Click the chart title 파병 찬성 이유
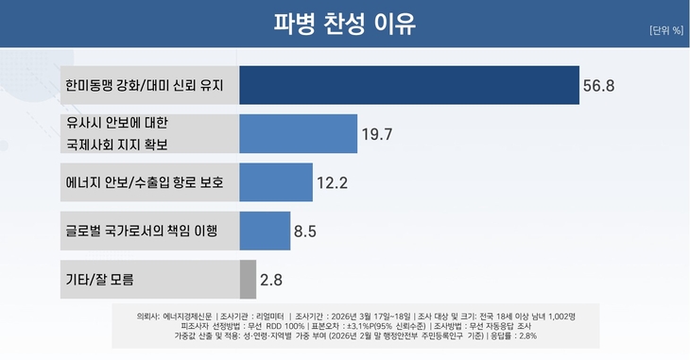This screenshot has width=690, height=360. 344,23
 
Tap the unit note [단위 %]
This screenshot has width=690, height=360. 665,30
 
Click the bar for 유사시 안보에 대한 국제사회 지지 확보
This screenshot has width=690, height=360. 298,133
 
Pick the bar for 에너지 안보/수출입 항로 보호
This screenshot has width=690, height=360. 275,182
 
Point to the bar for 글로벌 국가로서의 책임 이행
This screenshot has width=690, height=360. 265,231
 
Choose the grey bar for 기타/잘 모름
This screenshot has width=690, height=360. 248,279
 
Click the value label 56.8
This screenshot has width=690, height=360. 598,86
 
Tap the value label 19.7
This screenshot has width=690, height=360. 377,134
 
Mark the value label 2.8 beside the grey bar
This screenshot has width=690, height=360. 271,280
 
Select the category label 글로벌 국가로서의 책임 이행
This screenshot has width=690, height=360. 141,231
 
